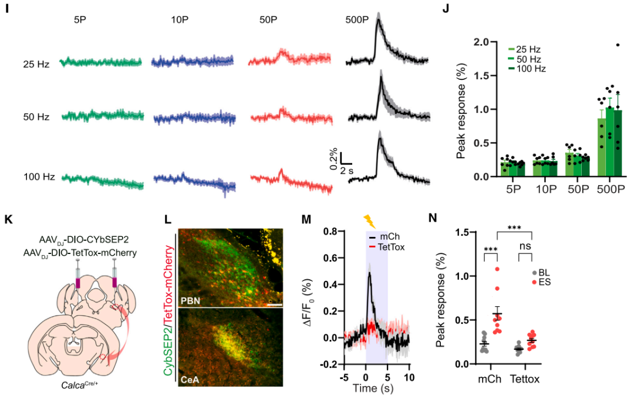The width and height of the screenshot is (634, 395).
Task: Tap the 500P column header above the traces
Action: (x=357, y=19)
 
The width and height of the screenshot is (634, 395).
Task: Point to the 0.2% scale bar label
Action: (x=333, y=159)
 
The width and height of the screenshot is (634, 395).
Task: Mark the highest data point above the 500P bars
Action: (x=617, y=45)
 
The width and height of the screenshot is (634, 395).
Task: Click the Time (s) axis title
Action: (x=372, y=388)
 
